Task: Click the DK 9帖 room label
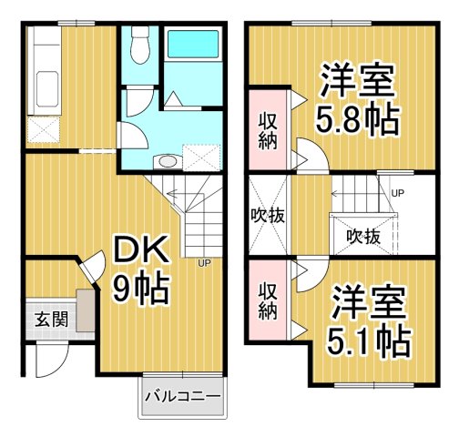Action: tap(140, 269)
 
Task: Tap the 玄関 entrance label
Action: tap(51, 320)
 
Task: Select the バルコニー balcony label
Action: tap(182, 398)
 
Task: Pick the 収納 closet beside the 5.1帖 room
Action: tap(268, 301)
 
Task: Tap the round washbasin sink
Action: tap(166, 162)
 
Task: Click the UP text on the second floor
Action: tap(397, 193)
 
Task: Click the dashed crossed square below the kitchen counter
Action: tap(44, 130)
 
